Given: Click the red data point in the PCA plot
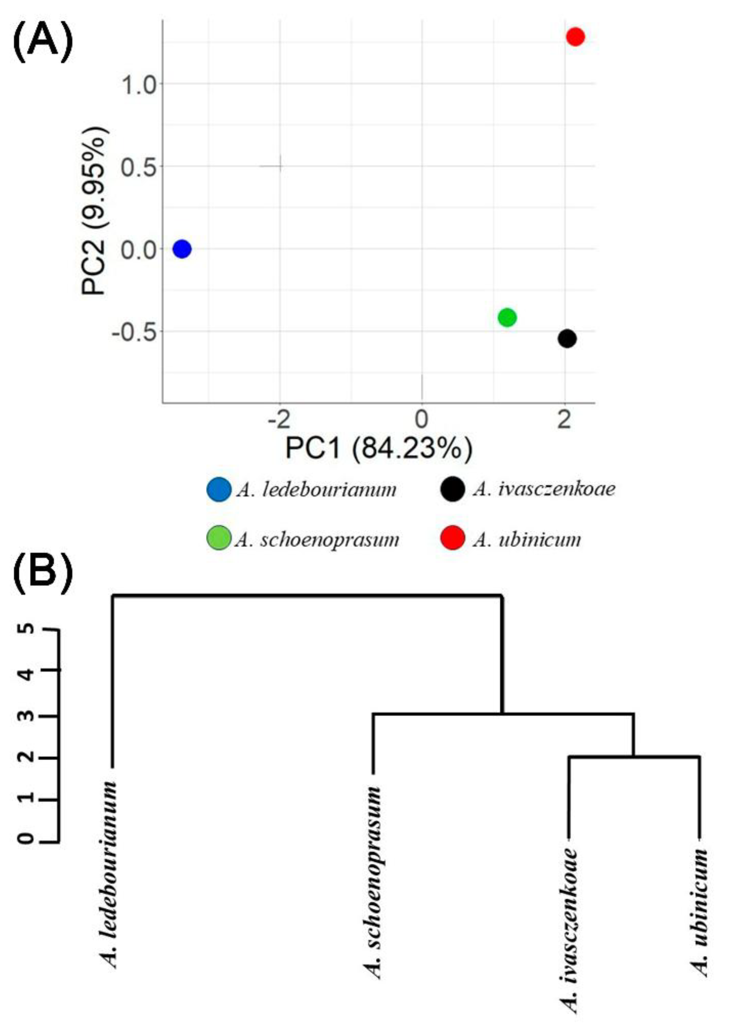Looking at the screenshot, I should pyautogui.click(x=575, y=37).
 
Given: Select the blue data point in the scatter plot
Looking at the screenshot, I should pyautogui.click(x=182, y=249).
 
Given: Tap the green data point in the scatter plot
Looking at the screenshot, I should pyautogui.click(x=507, y=318).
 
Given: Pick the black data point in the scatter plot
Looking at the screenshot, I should pyautogui.click(x=567, y=338).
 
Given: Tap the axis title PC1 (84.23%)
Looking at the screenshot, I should pyautogui.click(x=379, y=448).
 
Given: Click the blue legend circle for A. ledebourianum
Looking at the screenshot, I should pyautogui.click(x=219, y=489).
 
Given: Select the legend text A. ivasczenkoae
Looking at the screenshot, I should pyautogui.click(x=544, y=489).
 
